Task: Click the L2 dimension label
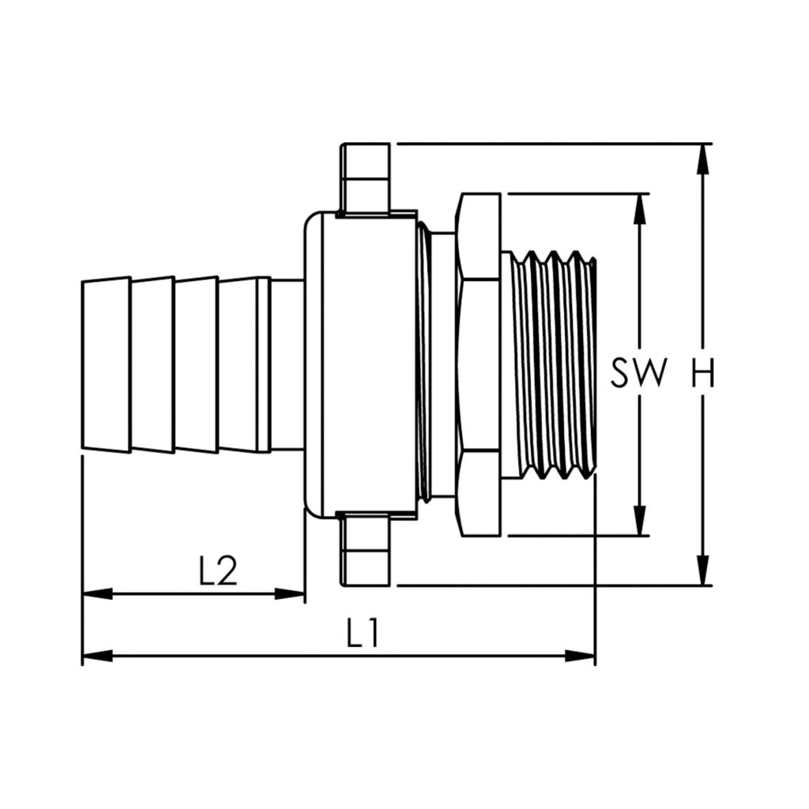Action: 217,571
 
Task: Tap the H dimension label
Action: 702,374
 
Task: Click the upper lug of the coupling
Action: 366,178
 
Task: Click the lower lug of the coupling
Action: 366,551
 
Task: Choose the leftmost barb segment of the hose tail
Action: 107,364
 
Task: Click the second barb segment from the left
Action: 152,364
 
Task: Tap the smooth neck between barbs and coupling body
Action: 287,364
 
